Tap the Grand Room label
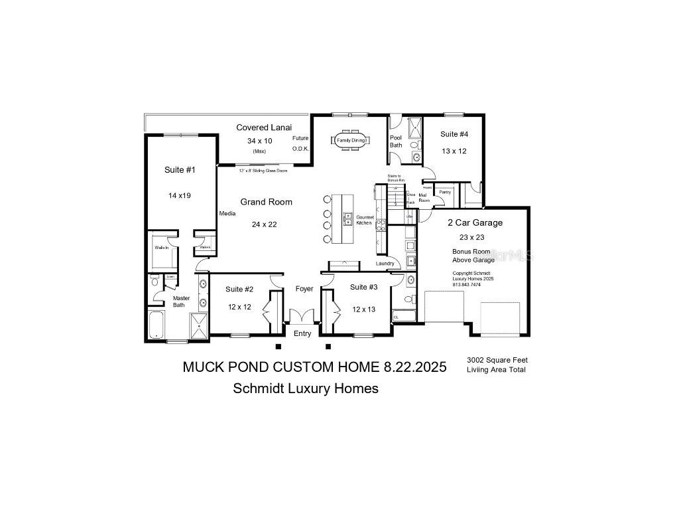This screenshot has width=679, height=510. click(266, 202)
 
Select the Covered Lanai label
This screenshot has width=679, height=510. click(264, 127)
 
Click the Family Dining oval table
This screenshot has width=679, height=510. click(351, 140)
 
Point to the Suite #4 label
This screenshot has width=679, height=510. click(454, 134)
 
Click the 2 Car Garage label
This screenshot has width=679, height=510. click(475, 223)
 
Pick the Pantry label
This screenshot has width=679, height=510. click(445, 192)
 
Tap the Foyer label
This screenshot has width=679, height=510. click(304, 289)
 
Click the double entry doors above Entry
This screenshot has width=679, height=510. click(302, 316)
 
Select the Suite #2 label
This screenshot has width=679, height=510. click(239, 289)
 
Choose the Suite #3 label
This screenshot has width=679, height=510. click(363, 287)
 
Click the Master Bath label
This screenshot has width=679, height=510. click(182, 301)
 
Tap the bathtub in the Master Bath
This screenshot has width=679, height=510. click(156, 325)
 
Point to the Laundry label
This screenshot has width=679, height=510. click(385, 264)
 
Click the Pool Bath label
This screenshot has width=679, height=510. click(396, 141)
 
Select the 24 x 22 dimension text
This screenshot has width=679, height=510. click(264, 224)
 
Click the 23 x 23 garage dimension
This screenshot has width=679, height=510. click(472, 237)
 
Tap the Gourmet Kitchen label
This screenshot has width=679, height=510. click(365, 220)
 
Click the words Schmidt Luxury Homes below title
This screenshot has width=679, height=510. click(306, 388)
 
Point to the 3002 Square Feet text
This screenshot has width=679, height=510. click(497, 360)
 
